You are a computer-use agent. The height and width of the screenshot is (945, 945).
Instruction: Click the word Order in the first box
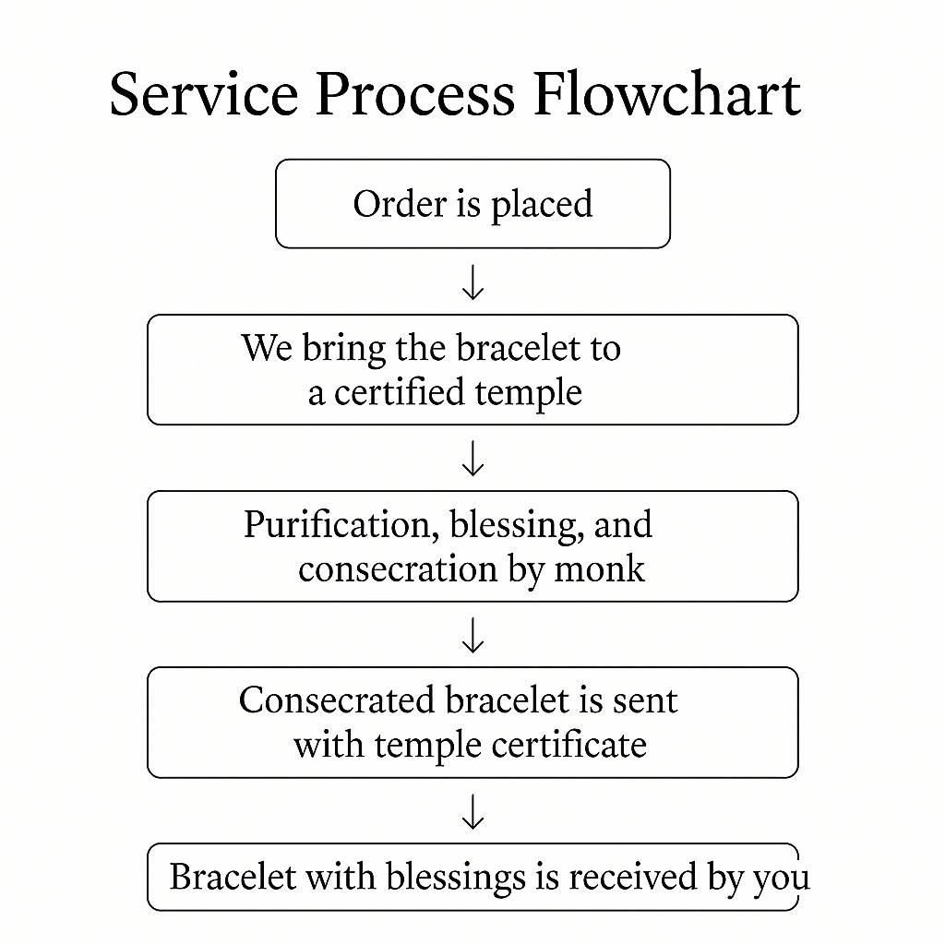399,204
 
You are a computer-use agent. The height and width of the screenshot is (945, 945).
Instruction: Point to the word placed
542,205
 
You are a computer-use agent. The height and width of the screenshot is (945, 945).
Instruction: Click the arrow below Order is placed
473,282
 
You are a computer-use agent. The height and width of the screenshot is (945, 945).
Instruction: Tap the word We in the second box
267,348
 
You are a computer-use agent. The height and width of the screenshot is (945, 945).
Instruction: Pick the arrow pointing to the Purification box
473,458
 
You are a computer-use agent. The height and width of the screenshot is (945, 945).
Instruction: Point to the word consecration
398,570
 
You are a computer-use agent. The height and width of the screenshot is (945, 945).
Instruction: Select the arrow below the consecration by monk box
473,635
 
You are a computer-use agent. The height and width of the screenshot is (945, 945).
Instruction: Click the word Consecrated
336,700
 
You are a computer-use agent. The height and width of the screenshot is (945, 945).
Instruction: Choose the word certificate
568,745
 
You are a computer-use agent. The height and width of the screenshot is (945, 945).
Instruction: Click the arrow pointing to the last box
473,812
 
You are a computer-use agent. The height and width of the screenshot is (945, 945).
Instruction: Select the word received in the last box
633,877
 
